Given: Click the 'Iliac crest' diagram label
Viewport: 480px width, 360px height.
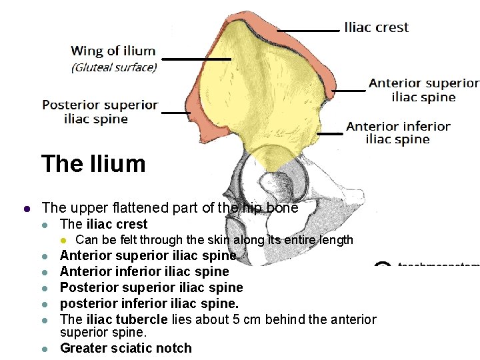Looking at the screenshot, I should (x=376, y=27).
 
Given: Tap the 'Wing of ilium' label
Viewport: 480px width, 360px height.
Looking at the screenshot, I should (x=113, y=51).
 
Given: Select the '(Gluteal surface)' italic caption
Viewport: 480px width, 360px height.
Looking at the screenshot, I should (x=114, y=67).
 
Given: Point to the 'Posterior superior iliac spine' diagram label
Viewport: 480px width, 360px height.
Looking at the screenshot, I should (x=100, y=112).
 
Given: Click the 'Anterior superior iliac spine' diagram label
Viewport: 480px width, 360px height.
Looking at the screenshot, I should (x=424, y=90).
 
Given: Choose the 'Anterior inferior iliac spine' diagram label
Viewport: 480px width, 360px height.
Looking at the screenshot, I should (x=398, y=133).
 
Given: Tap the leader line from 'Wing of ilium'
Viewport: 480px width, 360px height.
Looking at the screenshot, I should (x=196, y=59).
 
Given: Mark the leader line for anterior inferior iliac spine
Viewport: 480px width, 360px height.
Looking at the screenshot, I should (x=329, y=134).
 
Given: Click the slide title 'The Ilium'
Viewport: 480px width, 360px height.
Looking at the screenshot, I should (x=93, y=163).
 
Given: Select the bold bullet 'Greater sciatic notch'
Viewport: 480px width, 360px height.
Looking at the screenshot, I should (x=126, y=348).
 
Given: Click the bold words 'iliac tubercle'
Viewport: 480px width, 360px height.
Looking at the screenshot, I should (x=125, y=320).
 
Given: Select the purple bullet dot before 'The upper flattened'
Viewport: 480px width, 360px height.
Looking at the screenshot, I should (x=27, y=208).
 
